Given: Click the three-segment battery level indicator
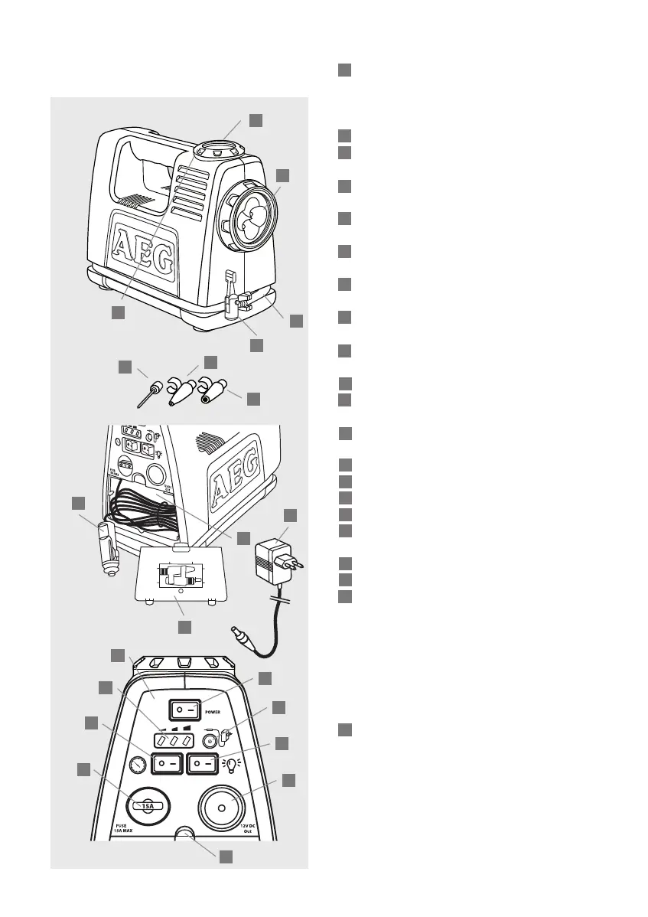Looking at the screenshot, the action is click(172, 741).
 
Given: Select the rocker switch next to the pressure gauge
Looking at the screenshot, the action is click(168, 763).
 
